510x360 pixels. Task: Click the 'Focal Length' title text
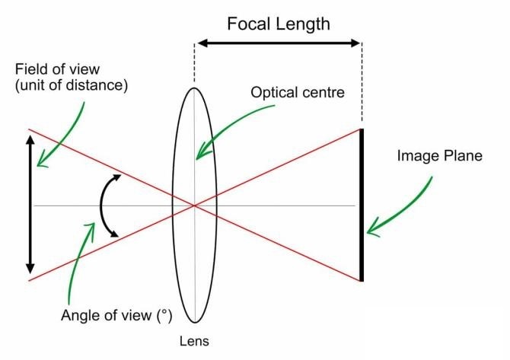pyautogui.click(x=279, y=24)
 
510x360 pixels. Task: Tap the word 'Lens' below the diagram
pyautogui.click(x=196, y=341)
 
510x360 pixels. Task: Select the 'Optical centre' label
pyautogui.click(x=298, y=94)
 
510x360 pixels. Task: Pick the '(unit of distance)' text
pyautogui.click(x=70, y=86)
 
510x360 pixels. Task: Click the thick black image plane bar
pyautogui.click(x=362, y=205)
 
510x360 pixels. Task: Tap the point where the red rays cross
pyautogui.click(x=195, y=205)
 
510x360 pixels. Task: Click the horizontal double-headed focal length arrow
pyautogui.click(x=279, y=43)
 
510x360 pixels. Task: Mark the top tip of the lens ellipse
pyautogui.click(x=195, y=88)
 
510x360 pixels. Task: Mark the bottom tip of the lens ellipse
pyautogui.click(x=195, y=323)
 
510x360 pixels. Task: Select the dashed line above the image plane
pyautogui.click(x=362, y=84)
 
